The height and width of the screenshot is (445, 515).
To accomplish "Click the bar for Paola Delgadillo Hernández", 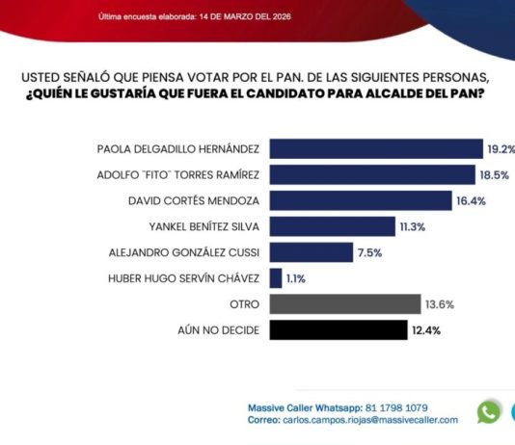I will pyautogui.click(x=376, y=149).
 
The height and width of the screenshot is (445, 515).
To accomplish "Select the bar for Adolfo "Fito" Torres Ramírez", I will pyautogui.click(x=372, y=174).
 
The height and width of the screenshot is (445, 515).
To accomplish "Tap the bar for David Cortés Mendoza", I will pyautogui.click(x=361, y=200).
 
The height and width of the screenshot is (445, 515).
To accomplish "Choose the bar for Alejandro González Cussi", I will pyautogui.click(x=312, y=252).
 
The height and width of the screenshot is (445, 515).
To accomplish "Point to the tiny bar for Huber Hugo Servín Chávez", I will pyautogui.click(x=276, y=278).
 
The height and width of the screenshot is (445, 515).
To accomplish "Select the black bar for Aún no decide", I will pyautogui.click(x=339, y=330).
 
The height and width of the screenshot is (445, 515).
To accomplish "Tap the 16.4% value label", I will pyautogui.click(x=472, y=200).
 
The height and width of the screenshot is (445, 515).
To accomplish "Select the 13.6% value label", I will pyautogui.click(x=440, y=304).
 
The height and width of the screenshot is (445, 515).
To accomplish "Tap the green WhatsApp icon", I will pyautogui.click(x=489, y=412).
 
